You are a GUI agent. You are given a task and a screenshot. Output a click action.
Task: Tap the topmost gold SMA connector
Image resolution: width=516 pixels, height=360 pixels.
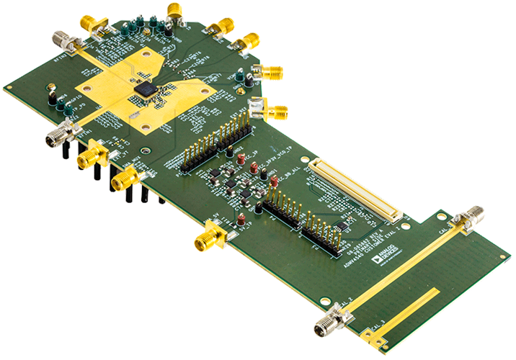pos(174,10)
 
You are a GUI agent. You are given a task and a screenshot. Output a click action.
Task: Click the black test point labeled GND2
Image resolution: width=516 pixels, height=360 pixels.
pos(51,94)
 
